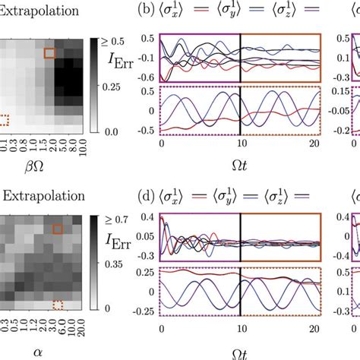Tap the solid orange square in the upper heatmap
click(49, 52)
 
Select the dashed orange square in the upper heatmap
click(3, 119)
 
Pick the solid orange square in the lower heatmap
click(57, 229)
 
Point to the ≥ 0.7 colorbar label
click(122, 219)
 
